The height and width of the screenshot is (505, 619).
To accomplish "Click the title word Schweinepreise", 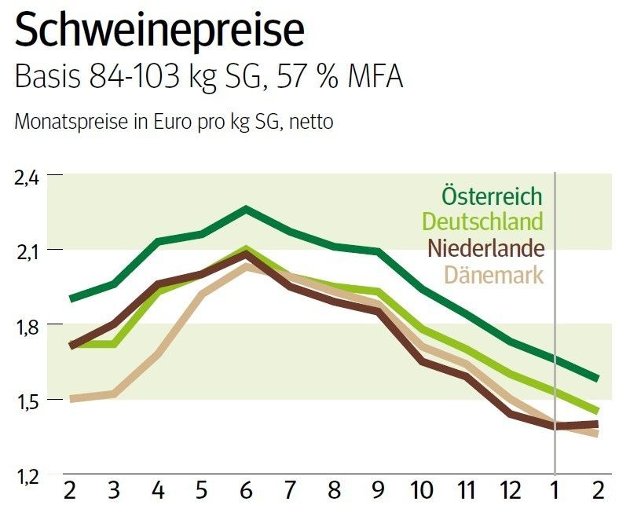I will [158, 31].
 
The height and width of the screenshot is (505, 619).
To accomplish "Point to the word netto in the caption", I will [310, 124].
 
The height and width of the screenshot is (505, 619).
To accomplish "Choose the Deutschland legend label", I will [482, 221].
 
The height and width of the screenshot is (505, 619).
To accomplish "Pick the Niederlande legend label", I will [486, 248].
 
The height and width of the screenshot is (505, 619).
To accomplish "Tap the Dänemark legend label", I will [494, 275].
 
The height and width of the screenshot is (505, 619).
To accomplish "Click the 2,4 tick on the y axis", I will [27, 177].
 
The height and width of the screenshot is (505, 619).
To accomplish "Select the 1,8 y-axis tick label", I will [27, 326].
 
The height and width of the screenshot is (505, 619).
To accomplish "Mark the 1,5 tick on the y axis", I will [27, 401].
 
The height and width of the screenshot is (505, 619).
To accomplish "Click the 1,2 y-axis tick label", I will [27, 476].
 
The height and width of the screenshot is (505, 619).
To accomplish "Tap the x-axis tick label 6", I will [247, 489].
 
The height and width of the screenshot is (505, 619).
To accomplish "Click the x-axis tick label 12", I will [511, 489].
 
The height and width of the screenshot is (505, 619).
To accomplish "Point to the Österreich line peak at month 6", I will [247, 209].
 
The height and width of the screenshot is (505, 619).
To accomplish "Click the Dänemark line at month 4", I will [158, 354].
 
